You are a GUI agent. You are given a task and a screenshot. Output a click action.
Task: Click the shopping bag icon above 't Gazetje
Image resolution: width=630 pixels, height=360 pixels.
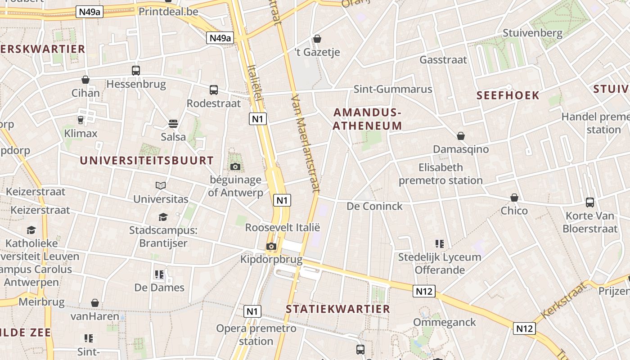pyautogui.click(x=317, y=39)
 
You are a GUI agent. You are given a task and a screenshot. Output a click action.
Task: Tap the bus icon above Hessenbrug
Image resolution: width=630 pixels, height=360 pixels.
pyautogui.click(x=135, y=71)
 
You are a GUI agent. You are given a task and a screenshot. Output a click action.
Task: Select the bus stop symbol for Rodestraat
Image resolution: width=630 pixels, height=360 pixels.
pyautogui.click(x=214, y=90)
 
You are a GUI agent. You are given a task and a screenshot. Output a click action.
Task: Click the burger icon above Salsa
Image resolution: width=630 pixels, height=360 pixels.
pyautogui.click(x=173, y=123)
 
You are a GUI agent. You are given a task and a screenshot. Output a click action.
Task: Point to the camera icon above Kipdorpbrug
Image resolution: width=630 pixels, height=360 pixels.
pyautogui.click(x=271, y=246)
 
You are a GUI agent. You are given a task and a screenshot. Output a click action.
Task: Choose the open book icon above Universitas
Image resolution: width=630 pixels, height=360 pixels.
pyautogui.click(x=161, y=185)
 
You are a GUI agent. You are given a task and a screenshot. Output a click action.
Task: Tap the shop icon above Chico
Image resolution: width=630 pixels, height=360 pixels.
pyautogui.click(x=514, y=198)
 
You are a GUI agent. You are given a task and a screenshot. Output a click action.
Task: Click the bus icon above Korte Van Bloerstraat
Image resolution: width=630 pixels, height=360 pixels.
pyautogui.click(x=590, y=202)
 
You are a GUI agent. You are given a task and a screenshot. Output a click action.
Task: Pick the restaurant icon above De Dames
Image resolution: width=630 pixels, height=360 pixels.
pyautogui.click(x=159, y=274)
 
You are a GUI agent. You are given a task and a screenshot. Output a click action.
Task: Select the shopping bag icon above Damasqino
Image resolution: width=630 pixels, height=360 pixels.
pyautogui.click(x=461, y=136)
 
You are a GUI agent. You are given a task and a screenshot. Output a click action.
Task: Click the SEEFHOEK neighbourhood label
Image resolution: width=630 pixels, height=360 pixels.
pyautogui.click(x=508, y=95)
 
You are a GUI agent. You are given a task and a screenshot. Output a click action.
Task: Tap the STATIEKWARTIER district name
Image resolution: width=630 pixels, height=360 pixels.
pyautogui.click(x=338, y=309)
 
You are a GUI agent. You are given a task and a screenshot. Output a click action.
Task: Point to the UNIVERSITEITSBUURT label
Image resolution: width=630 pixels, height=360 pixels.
pyautogui.click(x=147, y=160)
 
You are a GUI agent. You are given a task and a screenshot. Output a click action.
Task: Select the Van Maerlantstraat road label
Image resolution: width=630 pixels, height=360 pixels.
pyautogui.click(x=305, y=144)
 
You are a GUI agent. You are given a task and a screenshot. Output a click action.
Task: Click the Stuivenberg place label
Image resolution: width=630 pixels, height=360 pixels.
pyautogui.click(x=532, y=33)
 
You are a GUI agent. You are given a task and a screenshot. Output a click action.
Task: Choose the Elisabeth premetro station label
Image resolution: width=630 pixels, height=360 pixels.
pyautogui.click(x=441, y=174)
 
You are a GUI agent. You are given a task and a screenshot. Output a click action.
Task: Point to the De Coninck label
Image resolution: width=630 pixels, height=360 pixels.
pyautogui.click(x=374, y=206)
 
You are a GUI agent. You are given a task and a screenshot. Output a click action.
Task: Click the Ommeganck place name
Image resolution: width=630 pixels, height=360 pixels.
pyautogui.click(x=445, y=322)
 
